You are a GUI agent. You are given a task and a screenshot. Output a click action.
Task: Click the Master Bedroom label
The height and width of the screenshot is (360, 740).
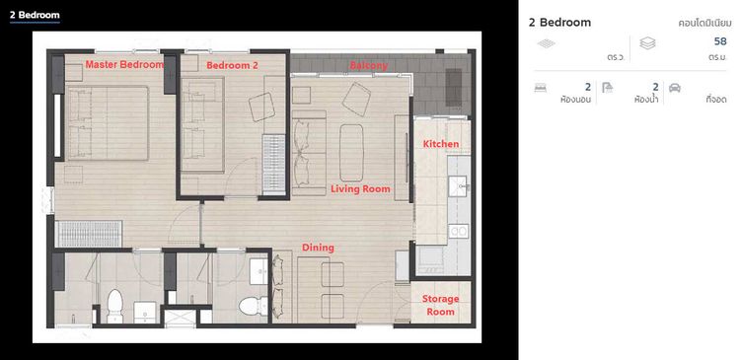pyautogui.click(x=124, y=65)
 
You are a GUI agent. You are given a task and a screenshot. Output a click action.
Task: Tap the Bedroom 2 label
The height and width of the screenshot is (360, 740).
pyautogui.click(x=232, y=65)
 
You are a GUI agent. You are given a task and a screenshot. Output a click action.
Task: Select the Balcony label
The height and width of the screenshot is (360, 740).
pyautogui.click(x=369, y=65)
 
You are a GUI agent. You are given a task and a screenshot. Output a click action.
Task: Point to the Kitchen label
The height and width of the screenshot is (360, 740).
pyautogui.click(x=441, y=144)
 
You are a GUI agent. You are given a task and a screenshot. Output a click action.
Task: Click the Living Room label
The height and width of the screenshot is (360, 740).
pyautogui.click(x=360, y=189)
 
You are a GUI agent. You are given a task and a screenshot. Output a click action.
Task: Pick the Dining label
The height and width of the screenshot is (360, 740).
pyautogui.click(x=318, y=248)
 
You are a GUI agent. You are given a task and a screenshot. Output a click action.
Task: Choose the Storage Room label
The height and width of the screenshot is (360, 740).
pyautogui.click(x=440, y=306)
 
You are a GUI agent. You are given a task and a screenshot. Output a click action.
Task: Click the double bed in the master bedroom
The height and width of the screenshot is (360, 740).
pyautogui.click(x=108, y=122)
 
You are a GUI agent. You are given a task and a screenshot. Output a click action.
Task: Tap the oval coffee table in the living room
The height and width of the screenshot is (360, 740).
pyautogui.click(x=351, y=153)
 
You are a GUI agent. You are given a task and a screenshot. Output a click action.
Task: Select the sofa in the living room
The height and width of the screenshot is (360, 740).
pyautogui.click(x=309, y=153)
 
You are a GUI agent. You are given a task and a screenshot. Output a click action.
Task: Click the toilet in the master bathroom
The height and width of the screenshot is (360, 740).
pyautogui.click(x=114, y=306)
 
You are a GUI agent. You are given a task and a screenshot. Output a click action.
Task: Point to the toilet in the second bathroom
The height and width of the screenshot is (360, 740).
pyautogui.click(x=254, y=306)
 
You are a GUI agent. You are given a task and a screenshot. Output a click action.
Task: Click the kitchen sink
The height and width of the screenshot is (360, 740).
pyautogui.click(x=457, y=185)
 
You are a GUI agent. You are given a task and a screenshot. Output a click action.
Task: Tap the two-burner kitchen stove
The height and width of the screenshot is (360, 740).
pyautogui.click(x=458, y=231)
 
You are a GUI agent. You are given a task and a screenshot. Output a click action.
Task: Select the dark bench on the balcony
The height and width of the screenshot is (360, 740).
pyautogui.click(x=454, y=87)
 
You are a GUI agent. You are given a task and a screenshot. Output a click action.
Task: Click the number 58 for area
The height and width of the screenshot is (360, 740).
pyautogui.click(x=720, y=41)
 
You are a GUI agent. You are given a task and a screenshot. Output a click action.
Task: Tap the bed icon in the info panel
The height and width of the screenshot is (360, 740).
pyautogui.click(x=541, y=88)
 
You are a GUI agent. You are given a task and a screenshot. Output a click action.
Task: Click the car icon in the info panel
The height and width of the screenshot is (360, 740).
pyautogui.click(x=675, y=88)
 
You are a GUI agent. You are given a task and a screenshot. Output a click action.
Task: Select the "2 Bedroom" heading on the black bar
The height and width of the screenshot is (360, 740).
pyautogui.click(x=35, y=15)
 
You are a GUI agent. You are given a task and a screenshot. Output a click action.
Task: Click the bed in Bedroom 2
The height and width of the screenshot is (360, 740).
pyautogui.click(x=203, y=124)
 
